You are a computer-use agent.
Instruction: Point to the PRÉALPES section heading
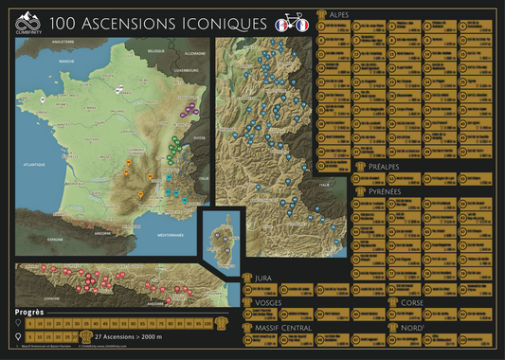[379, 169]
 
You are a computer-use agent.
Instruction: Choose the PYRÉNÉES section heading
[380, 189]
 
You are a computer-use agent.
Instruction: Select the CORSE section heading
[413, 302]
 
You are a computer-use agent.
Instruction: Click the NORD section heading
[412, 327]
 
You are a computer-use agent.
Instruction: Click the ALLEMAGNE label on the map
[194, 54]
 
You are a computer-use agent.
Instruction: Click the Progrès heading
[30, 311]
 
